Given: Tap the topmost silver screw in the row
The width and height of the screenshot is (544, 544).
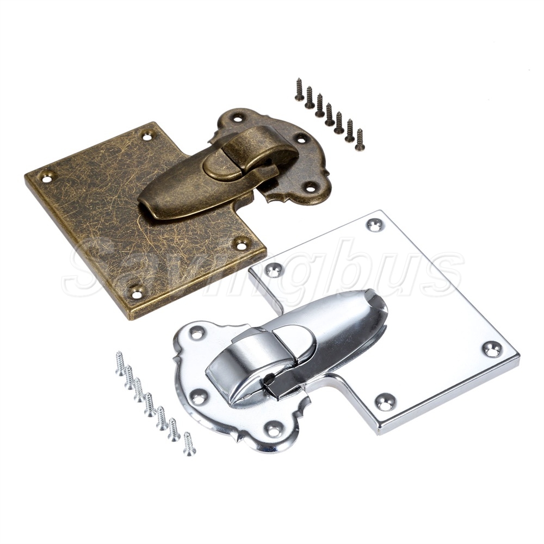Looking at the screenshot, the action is click(120, 363).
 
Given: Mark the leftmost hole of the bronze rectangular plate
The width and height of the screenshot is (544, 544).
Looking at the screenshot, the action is click(47, 177).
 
